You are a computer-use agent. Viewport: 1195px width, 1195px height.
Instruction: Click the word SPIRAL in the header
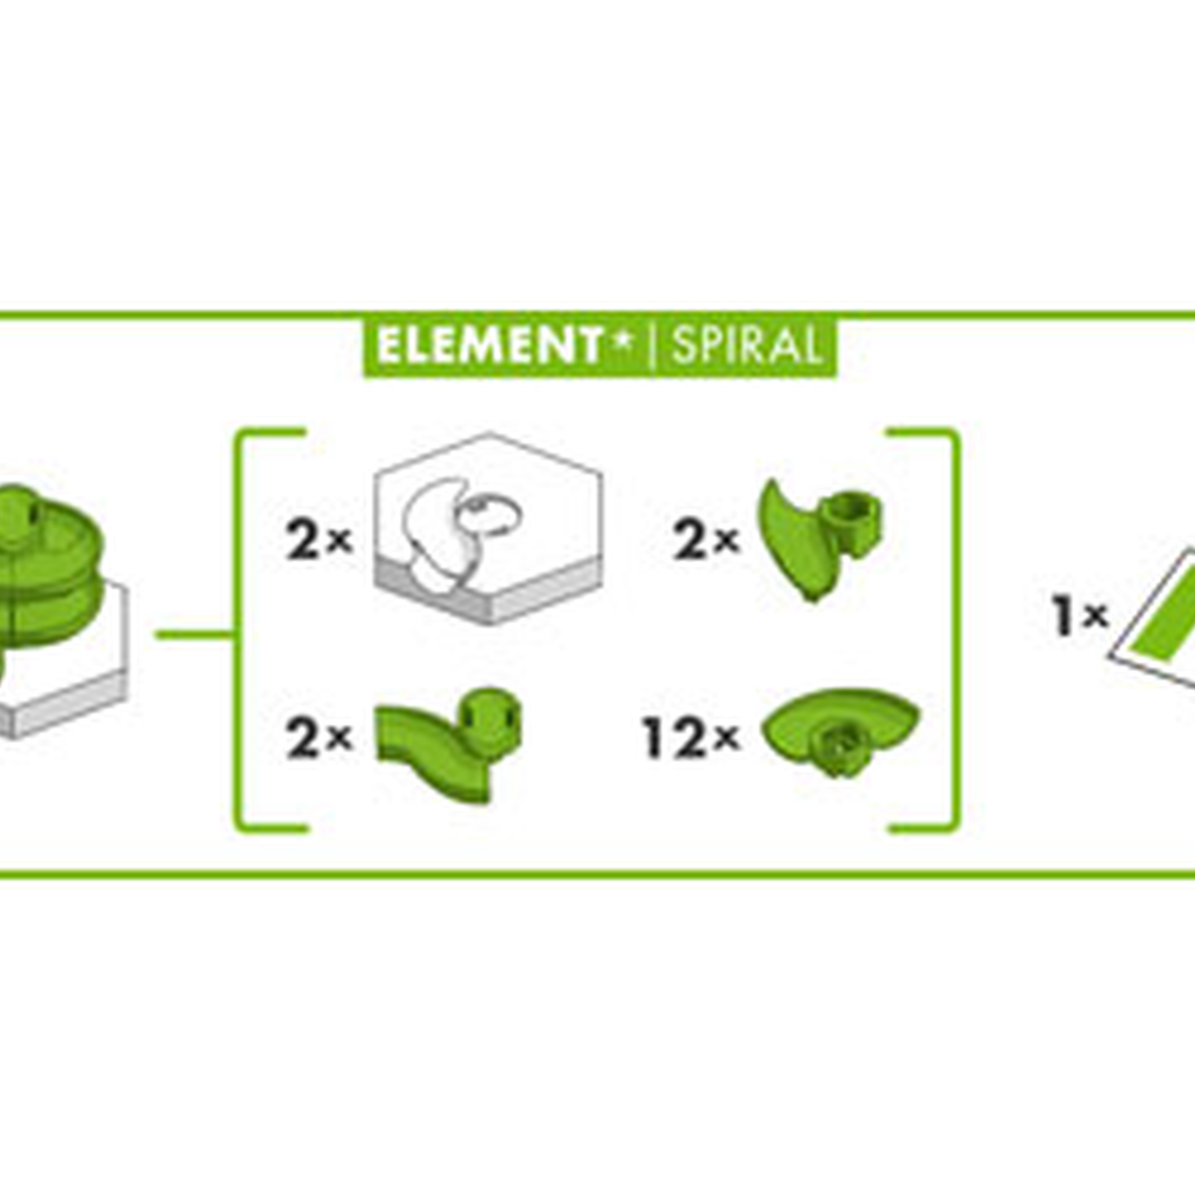(747, 346)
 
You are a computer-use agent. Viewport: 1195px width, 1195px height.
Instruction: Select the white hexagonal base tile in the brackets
(488, 528)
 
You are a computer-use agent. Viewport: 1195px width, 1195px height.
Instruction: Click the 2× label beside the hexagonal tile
(319, 540)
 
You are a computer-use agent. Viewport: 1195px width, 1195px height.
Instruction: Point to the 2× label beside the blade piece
(707, 540)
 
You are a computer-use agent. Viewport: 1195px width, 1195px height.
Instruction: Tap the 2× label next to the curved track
(319, 738)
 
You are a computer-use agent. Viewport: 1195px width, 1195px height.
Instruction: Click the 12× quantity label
(692, 738)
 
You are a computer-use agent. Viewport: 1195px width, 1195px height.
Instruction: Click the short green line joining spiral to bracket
(195, 634)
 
